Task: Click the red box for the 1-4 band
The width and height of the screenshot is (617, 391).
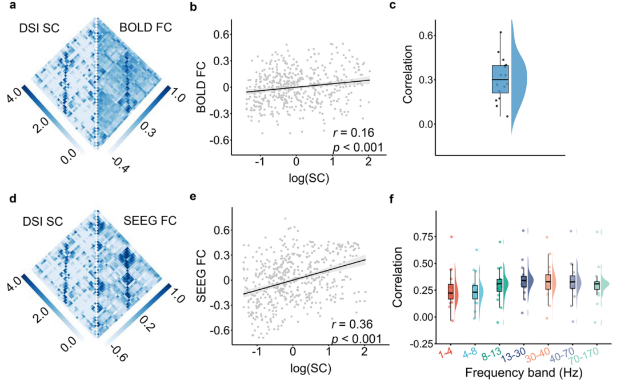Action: coord(451,291)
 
